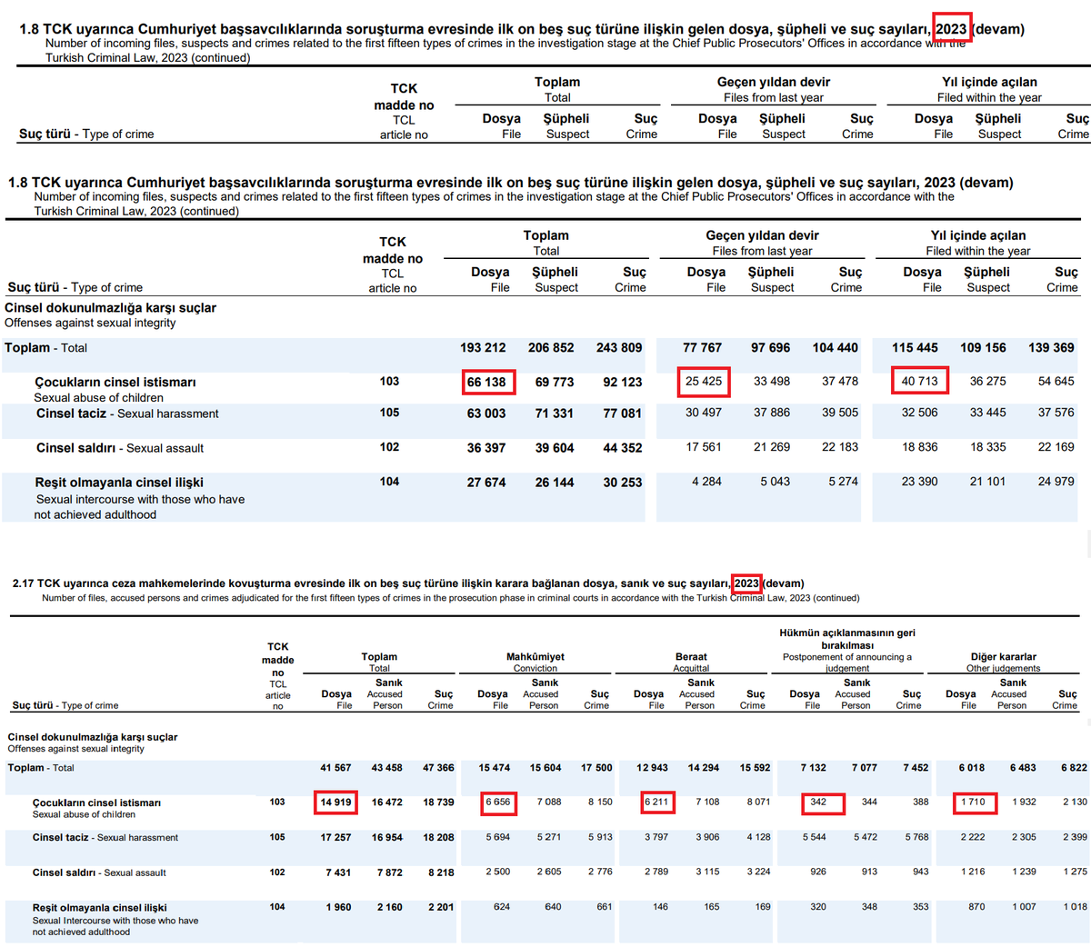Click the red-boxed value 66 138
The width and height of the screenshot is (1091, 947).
pyautogui.click(x=486, y=382)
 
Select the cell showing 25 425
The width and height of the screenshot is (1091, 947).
pyautogui.click(x=704, y=381)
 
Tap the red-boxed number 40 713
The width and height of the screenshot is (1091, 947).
pyautogui.click(x=919, y=381)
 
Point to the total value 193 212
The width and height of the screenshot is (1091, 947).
pyautogui.click(x=483, y=347)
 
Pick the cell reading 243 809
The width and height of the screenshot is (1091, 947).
pyautogui.click(x=619, y=347)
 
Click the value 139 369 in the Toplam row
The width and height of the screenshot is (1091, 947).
pyautogui.click(x=1051, y=347)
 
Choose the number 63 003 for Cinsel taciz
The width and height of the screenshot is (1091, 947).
pyautogui.click(x=486, y=414)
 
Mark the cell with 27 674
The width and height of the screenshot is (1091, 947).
pyautogui.click(x=486, y=483)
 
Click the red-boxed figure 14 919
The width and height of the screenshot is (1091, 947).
pyautogui.click(x=335, y=802)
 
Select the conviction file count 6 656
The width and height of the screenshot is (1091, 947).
pyautogui.click(x=497, y=802)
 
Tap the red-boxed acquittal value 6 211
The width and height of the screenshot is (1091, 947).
pyautogui.click(x=656, y=802)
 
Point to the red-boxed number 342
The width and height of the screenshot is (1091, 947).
pyautogui.click(x=818, y=802)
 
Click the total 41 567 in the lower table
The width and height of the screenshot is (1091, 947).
pyautogui.click(x=335, y=768)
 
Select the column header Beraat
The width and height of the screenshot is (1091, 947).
pyautogui.click(x=691, y=656)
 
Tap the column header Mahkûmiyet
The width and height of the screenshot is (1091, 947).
pyautogui.click(x=535, y=656)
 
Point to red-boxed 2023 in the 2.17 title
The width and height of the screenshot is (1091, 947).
pyautogui.click(x=746, y=583)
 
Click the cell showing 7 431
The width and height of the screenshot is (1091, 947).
pyautogui.click(x=338, y=872)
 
